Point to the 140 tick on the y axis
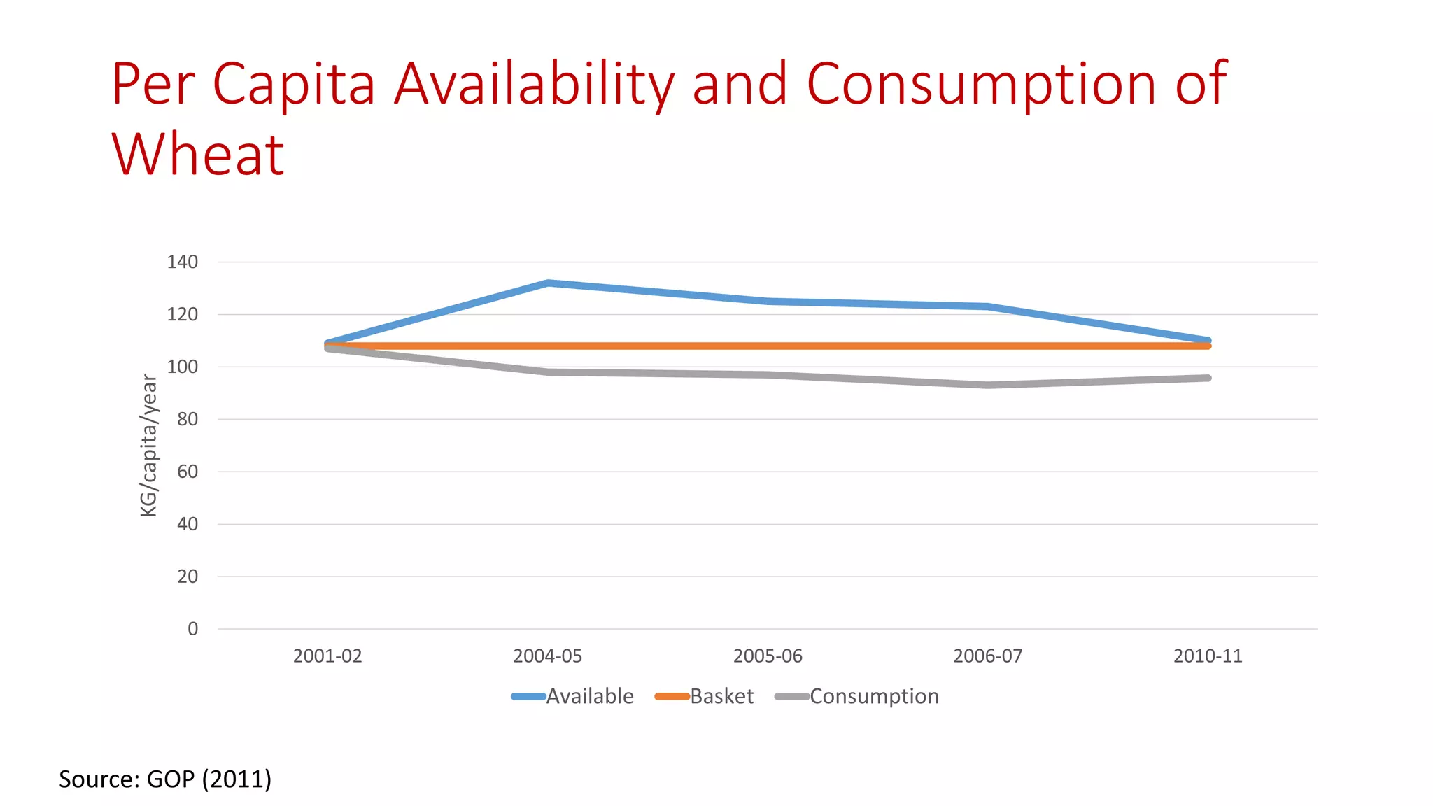pyautogui.click(x=182, y=262)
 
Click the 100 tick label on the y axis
pyautogui.click(x=182, y=367)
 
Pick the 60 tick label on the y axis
pyautogui.click(x=187, y=472)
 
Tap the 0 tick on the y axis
pyautogui.click(x=192, y=628)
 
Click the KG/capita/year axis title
pyautogui.click(x=149, y=445)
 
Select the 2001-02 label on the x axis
pyautogui.click(x=327, y=656)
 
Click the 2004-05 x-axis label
pyautogui.click(x=547, y=656)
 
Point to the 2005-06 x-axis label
pyautogui.click(x=768, y=656)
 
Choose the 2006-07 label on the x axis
pyautogui.click(x=987, y=656)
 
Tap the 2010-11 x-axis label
pyautogui.click(x=1208, y=656)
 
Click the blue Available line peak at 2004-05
pyautogui.click(x=548, y=283)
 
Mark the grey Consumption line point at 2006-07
pyautogui.click(x=987, y=385)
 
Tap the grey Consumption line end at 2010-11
pyautogui.click(x=1207, y=378)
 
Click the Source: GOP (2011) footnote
pyautogui.click(x=165, y=779)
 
